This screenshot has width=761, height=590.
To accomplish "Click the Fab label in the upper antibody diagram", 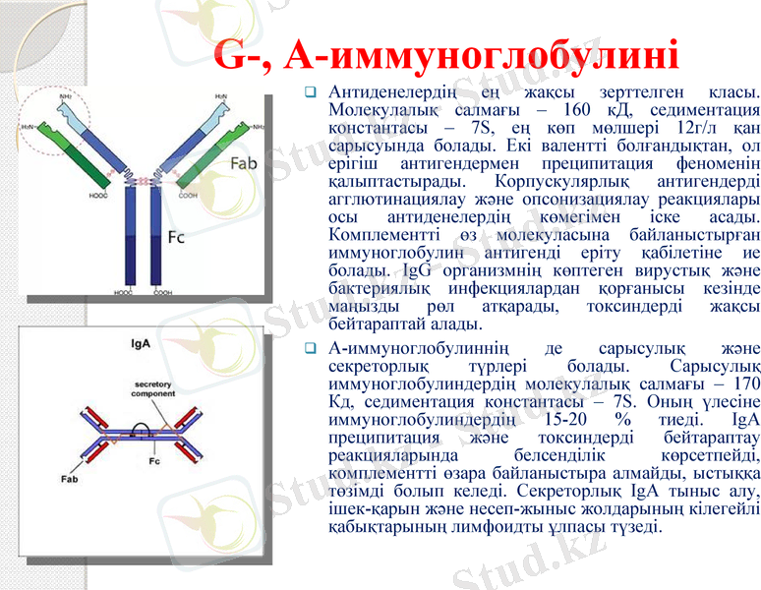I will (x=243, y=162).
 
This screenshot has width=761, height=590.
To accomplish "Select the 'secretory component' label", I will (x=153, y=388).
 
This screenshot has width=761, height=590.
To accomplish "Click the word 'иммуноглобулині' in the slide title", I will (x=482, y=56).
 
